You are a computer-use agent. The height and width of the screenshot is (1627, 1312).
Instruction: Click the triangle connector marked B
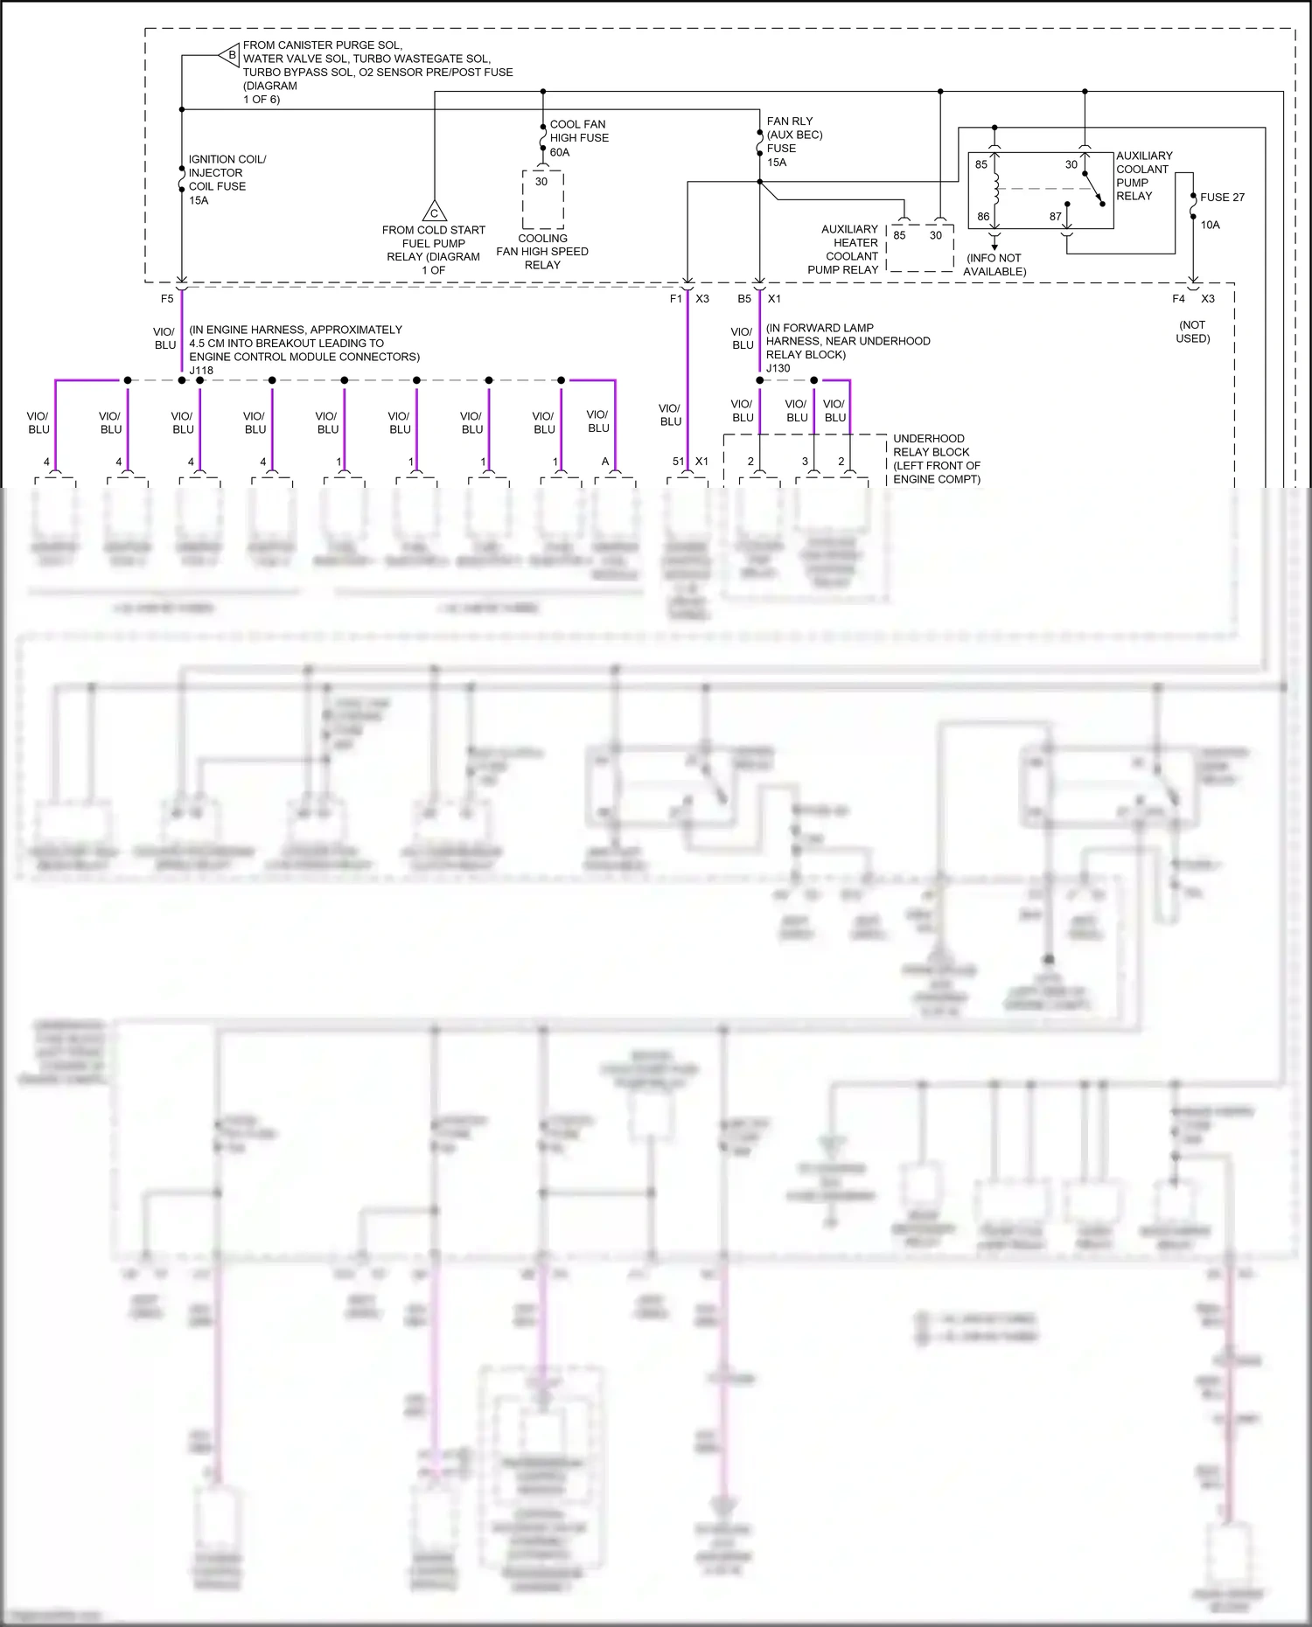click(230, 55)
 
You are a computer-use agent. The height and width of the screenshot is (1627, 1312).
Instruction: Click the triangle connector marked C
click(435, 212)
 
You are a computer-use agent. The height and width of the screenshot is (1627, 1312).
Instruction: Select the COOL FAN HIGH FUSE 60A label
click(578, 138)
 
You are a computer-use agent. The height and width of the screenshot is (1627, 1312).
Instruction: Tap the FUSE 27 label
click(1222, 198)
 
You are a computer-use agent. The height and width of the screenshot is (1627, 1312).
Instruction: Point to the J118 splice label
click(201, 370)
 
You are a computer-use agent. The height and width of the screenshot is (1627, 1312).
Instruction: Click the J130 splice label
click(778, 368)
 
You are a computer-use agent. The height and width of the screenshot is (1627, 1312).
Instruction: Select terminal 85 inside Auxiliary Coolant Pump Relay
click(981, 164)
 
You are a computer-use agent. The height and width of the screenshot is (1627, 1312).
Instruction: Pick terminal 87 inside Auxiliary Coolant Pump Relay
click(1056, 216)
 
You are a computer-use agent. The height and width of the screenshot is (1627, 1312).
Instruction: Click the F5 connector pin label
click(167, 299)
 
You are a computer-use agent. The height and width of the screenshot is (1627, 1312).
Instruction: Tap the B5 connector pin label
click(744, 299)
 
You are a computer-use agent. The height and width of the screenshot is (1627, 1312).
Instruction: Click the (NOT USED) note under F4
click(1192, 331)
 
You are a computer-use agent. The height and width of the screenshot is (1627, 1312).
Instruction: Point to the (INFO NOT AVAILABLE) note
click(994, 265)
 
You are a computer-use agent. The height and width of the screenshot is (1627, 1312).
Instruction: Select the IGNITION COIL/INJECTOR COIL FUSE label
click(227, 179)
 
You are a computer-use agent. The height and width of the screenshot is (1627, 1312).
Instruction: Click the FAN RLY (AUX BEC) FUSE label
click(794, 142)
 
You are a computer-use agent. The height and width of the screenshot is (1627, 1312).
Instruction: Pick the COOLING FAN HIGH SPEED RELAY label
click(542, 252)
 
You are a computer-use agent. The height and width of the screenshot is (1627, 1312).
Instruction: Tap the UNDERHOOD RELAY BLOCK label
click(936, 459)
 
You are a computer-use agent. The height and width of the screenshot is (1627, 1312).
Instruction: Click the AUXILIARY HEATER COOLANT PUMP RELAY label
click(844, 249)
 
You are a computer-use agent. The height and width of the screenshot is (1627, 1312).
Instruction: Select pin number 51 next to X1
click(679, 462)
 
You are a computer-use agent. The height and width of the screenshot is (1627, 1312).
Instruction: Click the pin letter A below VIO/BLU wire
click(605, 462)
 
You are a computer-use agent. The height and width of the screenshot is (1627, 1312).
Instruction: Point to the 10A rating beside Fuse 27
click(1210, 226)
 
